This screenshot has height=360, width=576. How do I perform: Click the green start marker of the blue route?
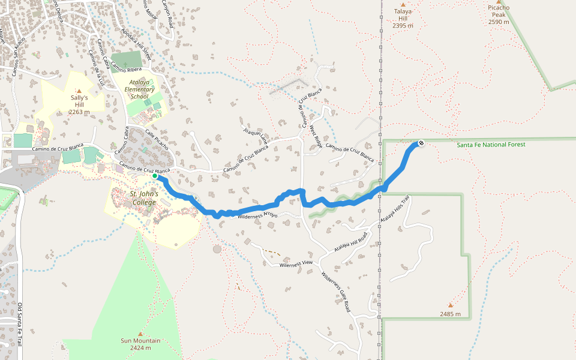coord(155,176)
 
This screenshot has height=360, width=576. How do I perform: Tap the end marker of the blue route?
coord(421,143)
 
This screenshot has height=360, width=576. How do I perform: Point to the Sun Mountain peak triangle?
coord(140,334)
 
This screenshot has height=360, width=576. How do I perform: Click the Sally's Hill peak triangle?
coord(79,91)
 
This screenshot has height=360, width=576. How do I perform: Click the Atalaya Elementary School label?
coord(139,89)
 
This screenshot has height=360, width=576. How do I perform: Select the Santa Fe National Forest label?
coord(491,145)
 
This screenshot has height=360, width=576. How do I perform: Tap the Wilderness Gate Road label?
coord(335,292)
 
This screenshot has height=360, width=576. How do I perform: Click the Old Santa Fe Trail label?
coord(20,325)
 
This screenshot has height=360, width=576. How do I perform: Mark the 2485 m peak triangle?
coord(451,305)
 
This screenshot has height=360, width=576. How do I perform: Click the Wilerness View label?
coord(296,263)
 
